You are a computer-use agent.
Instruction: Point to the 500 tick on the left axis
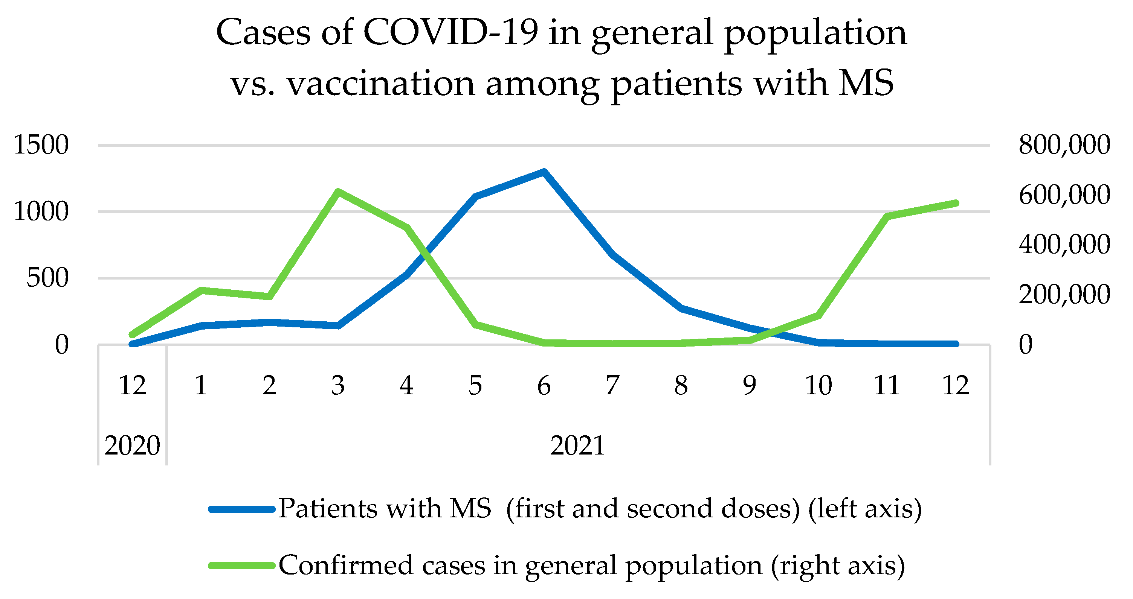tap(47, 278)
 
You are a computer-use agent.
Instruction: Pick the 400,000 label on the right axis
tap(1064, 244)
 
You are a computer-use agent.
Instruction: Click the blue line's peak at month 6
tap(544, 172)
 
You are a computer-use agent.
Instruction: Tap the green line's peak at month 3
tap(338, 192)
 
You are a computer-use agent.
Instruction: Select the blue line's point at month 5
tap(475, 196)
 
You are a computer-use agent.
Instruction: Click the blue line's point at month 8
tap(681, 308)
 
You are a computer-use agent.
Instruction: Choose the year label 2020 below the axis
tap(132, 445)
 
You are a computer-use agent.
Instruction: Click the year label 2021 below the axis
tap(577, 445)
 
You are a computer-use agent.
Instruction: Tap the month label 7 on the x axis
tap(612, 385)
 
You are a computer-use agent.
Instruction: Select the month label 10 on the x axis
tap(818, 385)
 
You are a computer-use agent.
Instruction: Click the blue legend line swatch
tap(242, 509)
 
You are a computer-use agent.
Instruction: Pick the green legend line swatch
tap(242, 566)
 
